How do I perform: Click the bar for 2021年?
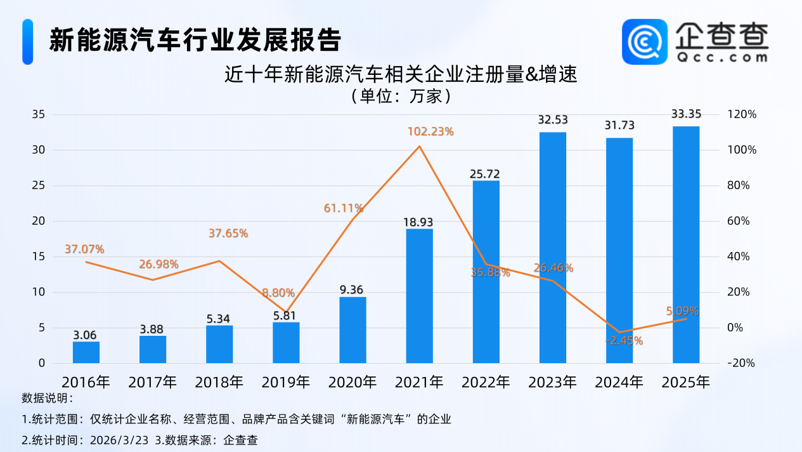coord(419,296)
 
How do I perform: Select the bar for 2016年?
coord(86,352)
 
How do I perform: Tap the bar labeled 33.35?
coord(685,244)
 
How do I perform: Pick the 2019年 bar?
coord(286,343)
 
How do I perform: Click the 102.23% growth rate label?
coord(430,132)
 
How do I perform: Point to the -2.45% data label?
coord(623,341)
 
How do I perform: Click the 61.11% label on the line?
coord(343,208)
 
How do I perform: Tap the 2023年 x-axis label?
coord(552,382)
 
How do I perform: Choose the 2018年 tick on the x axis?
coord(219,382)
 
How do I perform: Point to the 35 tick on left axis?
coord(39,114)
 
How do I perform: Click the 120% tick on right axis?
coord(742,114)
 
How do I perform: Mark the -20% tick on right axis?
coord(742,363)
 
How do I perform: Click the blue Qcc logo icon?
coord(644,41)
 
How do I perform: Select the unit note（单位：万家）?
coord(401,96)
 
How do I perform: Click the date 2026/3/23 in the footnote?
coord(120,440)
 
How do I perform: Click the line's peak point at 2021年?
coord(419,147)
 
